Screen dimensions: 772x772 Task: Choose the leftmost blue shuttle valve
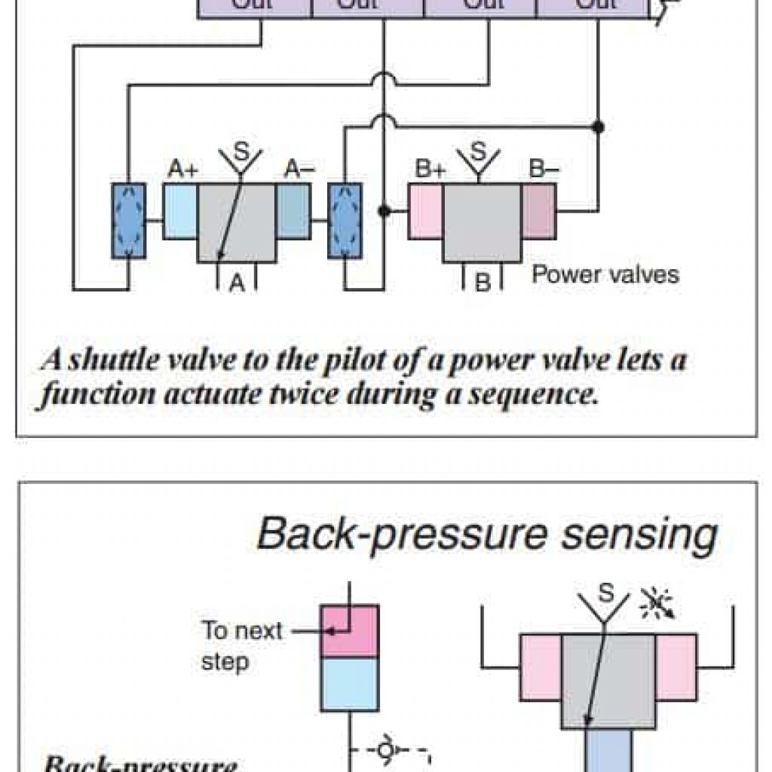[x=127, y=220]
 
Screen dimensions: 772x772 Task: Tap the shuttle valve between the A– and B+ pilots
[x=345, y=220]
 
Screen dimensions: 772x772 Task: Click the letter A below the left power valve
[x=237, y=283]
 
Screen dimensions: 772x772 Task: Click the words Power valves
[x=605, y=274]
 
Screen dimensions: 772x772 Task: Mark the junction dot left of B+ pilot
[x=384, y=211]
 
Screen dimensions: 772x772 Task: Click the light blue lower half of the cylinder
[x=349, y=683]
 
